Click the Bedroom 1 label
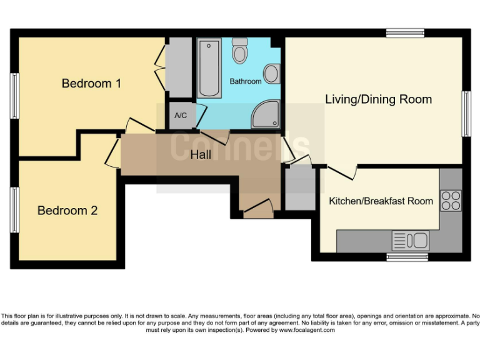(91, 83)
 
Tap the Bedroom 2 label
(67, 211)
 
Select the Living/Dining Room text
(378, 99)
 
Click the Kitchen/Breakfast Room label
(381, 201)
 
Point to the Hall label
(201, 155)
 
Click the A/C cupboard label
(181, 116)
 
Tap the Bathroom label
(245, 82)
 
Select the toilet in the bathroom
(240, 51)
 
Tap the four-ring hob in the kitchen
(450, 200)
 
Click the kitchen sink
(410, 239)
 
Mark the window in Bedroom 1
(14, 96)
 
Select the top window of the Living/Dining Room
(405, 32)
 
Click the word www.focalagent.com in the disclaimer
(306, 330)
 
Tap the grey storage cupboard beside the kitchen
(300, 188)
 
